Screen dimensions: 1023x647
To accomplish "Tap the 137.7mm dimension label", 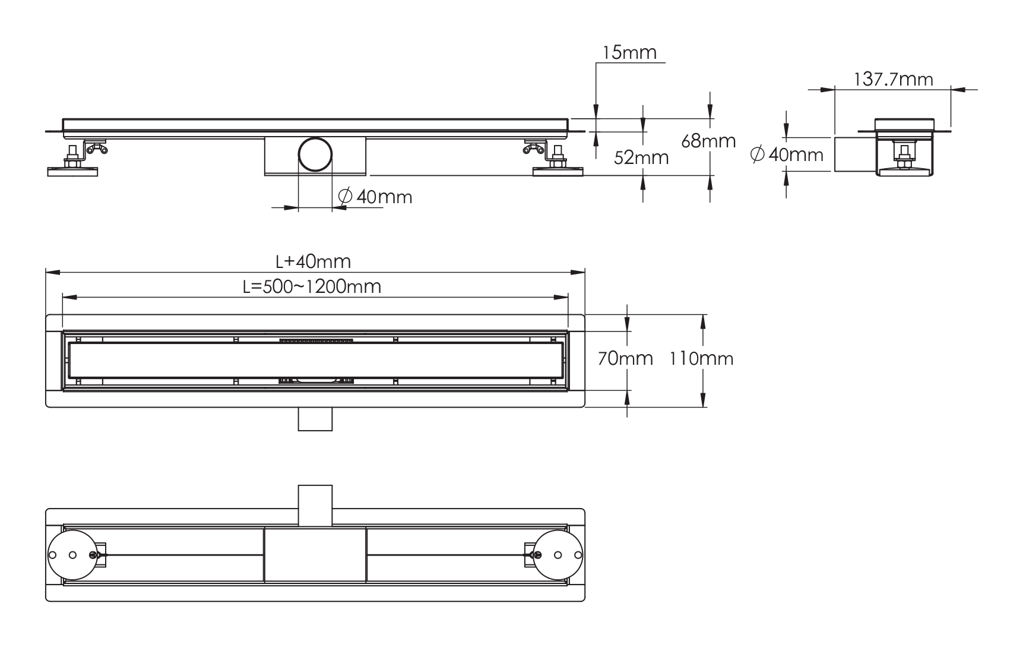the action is pos(894,79).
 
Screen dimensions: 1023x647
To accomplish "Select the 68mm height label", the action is pos(709,141).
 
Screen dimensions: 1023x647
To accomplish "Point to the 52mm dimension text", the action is pos(641,157).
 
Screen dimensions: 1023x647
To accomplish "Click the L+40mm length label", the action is pos(313,261).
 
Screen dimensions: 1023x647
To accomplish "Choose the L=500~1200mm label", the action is pos(312,286).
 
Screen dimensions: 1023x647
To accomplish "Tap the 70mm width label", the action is pos(625,358).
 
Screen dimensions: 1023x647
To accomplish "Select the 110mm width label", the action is pos(701,358).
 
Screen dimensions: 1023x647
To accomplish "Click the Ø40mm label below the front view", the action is pos(375,196).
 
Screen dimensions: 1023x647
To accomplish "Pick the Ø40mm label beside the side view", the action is pos(787,155).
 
